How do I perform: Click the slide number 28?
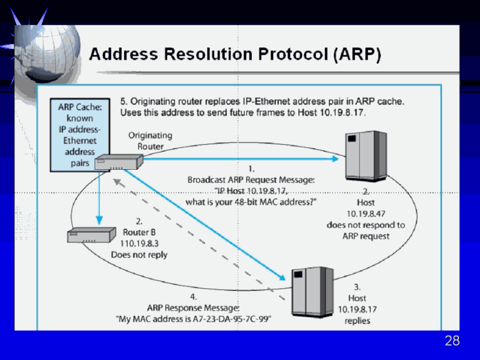(452, 341)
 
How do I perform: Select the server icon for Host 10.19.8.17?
(311, 292)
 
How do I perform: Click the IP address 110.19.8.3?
(139, 243)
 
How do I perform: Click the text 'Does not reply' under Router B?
(139, 254)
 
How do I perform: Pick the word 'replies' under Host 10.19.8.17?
(357, 320)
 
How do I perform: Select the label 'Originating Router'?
(150, 140)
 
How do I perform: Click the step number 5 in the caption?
(124, 101)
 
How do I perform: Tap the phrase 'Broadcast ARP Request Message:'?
(251, 179)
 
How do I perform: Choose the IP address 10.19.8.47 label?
(365, 214)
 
